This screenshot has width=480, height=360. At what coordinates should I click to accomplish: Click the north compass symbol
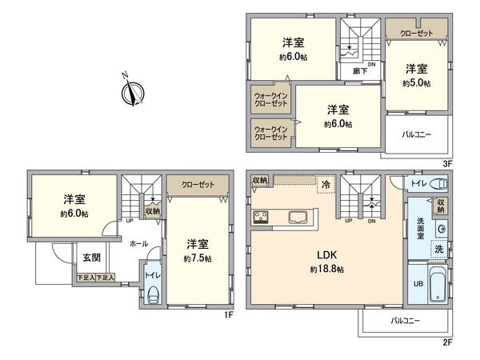pos(133,91)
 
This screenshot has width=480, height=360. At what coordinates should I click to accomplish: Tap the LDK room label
pos(326,254)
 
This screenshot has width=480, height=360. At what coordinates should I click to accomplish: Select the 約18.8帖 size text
pos(326,270)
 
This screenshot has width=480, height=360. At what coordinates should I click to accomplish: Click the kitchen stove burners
pos(260,217)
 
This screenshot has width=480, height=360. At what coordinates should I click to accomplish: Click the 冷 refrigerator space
pos(326,185)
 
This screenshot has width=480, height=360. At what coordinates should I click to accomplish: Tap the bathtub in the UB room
pos(438,283)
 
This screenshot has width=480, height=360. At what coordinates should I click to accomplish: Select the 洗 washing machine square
pos(439,249)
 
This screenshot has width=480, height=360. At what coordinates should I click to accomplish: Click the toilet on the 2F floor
pos(438,184)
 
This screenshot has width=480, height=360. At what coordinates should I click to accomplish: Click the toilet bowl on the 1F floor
pos(153,296)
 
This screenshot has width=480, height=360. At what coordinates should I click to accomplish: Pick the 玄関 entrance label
pos(91,258)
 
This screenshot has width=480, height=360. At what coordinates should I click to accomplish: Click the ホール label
pos(139,244)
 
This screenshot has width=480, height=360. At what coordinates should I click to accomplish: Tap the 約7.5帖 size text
pos(198,258)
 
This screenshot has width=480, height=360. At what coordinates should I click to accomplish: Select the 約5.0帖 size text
pos(416,83)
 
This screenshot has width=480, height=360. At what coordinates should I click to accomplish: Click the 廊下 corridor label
pos(360,71)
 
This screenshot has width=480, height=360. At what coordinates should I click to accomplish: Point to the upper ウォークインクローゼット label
pos(271,99)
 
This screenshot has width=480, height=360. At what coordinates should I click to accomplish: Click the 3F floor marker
pos(447,164)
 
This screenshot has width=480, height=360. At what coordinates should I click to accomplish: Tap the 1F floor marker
pos(229,314)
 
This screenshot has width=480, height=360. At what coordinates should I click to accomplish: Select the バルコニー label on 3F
pos(416,134)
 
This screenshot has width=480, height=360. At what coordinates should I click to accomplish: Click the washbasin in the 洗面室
pos(441,229)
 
